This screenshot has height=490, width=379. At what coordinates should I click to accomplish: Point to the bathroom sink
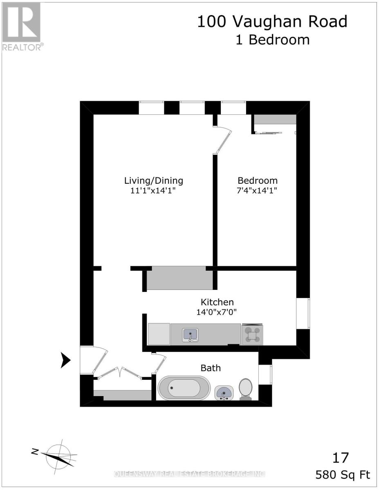tap(224, 393)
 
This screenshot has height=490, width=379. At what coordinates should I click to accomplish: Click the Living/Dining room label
tap(154, 180)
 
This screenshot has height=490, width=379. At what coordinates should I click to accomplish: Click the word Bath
tap(210, 368)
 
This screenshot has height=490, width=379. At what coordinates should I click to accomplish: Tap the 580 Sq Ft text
tap(343, 475)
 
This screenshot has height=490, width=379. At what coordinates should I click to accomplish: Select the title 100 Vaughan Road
tap(272, 21)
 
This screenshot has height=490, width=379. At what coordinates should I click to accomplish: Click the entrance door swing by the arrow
tap(100, 359)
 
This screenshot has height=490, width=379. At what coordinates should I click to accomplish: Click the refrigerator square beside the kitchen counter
tap(159, 334)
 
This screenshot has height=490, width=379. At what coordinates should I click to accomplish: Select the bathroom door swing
tap(159, 363)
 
